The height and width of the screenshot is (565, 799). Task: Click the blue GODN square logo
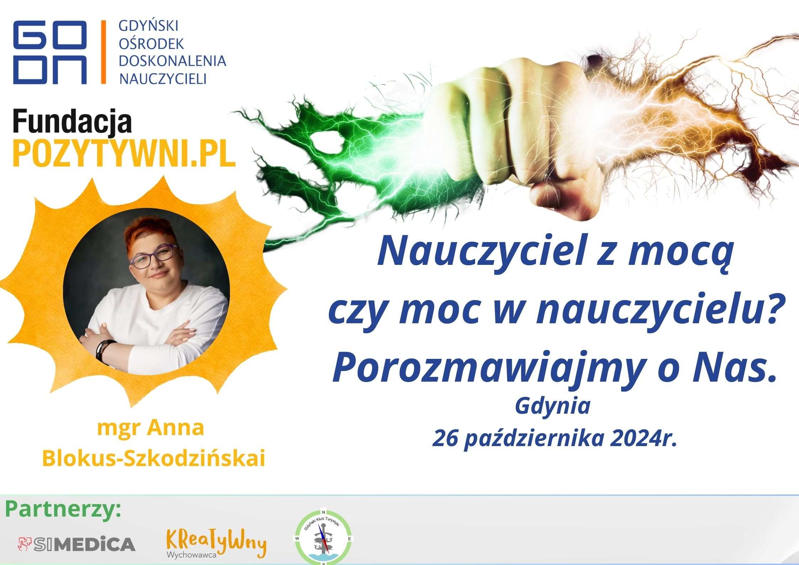[x=50, y=52]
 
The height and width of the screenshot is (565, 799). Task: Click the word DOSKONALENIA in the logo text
[x=172, y=61]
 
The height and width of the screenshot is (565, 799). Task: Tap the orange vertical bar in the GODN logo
[x=104, y=52]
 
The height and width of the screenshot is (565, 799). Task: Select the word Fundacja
[x=72, y=122]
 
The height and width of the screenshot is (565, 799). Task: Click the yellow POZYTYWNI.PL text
[x=124, y=153]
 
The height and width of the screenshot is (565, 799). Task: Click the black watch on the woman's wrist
[x=104, y=351]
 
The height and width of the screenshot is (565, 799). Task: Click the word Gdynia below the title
[x=552, y=407]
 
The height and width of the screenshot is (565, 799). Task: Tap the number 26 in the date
[x=444, y=439]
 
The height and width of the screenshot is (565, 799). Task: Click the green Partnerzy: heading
[x=63, y=510]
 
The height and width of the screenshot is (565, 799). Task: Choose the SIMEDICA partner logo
[x=77, y=544]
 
